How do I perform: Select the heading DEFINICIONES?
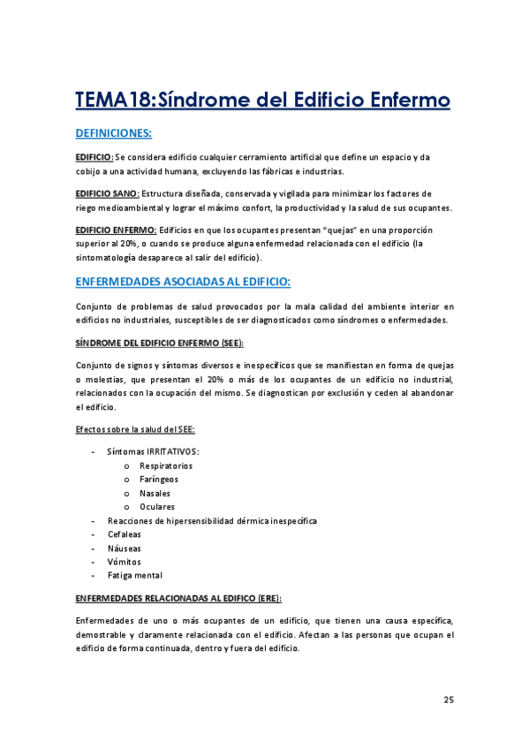point(114,133)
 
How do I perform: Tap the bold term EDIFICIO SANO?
point(107,193)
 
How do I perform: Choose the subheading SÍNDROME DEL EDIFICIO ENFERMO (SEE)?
point(160,342)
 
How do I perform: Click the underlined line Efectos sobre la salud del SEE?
point(135,429)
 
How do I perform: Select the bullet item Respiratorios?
point(166,465)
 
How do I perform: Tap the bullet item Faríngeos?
point(160,479)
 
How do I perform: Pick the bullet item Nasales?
point(155,493)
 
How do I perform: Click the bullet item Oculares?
point(157,507)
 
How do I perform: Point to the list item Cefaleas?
point(124,534)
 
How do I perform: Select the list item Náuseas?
point(124,548)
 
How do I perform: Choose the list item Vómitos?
point(124,562)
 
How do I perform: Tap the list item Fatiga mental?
point(134,575)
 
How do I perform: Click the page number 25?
point(449,700)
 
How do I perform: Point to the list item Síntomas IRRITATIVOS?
point(152,451)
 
